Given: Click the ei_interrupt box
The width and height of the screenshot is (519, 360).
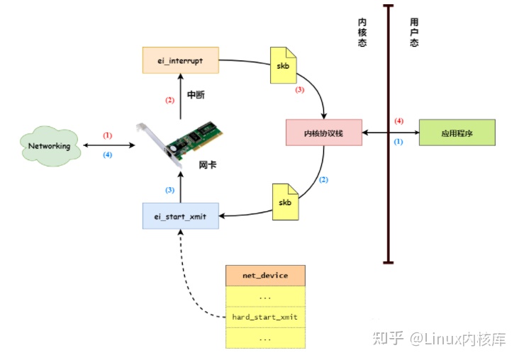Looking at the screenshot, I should [180, 61].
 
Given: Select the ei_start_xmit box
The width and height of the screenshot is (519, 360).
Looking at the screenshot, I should [180, 215].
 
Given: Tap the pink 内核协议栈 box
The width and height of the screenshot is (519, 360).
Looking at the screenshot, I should [323, 133].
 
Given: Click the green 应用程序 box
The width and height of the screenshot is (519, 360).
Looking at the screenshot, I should [457, 133].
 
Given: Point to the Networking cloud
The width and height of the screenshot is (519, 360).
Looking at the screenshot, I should [49, 146].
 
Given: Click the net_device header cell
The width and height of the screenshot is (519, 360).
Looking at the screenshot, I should [265, 275].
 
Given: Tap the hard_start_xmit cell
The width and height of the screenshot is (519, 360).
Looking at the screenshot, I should [265, 317].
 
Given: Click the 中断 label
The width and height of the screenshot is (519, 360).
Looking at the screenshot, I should [196, 94].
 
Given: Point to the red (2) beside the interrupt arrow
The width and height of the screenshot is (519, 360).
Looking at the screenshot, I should [169, 100].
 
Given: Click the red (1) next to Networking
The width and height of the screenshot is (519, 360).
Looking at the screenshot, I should [108, 135].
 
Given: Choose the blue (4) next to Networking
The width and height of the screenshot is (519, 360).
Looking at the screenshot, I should [108, 155].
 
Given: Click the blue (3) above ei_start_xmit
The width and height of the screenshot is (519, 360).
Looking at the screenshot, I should [169, 190].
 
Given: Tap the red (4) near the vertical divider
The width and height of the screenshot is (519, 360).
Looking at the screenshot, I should [398, 121].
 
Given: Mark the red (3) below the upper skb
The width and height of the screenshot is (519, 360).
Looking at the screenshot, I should [299, 90].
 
